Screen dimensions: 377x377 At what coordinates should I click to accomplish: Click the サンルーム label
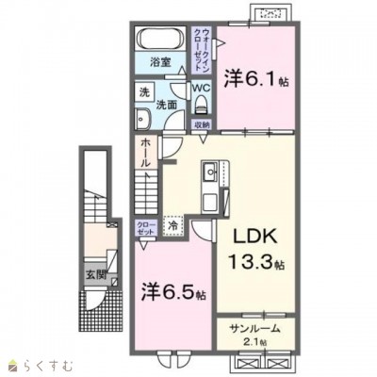tap(251, 328)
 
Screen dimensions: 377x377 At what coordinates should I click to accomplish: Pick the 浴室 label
tap(159, 62)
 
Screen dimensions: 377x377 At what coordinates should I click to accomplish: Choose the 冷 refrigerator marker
tap(173, 226)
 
